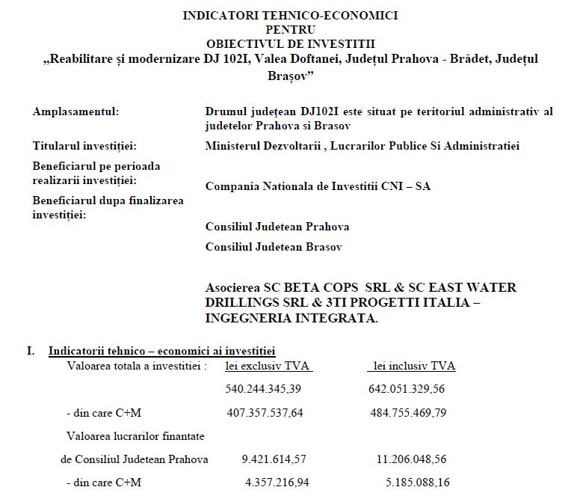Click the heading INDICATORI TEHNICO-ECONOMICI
pyautogui.click(x=291, y=15)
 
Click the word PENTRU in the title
pyautogui.click(x=291, y=29)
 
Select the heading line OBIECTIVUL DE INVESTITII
pyautogui.click(x=291, y=43)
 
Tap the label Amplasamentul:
pyautogui.click(x=75, y=111)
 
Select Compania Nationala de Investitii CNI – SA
pyautogui.click(x=318, y=186)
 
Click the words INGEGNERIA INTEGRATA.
pyautogui.click(x=291, y=318)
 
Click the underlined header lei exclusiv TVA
pyautogui.click(x=268, y=366)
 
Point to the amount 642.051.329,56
pyautogui.click(x=417, y=389)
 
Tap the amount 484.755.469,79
pyautogui.click(x=417, y=412)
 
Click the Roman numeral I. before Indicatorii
pyautogui.click(x=30, y=349)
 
